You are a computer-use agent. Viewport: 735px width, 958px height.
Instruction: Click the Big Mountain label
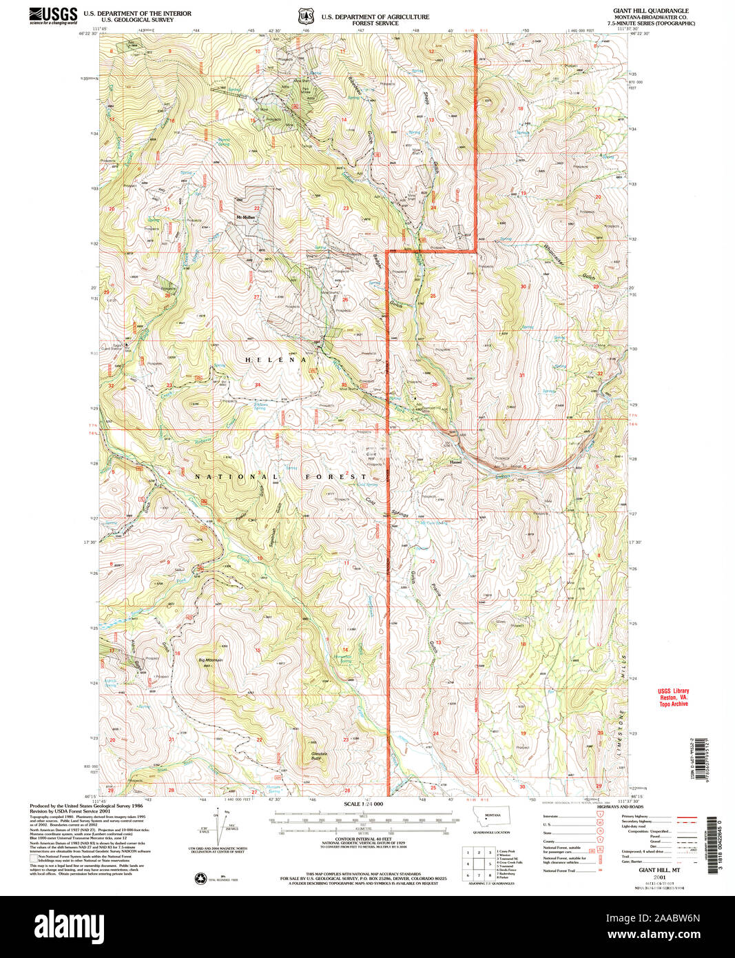click(x=211, y=660)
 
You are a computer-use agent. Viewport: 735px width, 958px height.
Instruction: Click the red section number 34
click(x=258, y=385)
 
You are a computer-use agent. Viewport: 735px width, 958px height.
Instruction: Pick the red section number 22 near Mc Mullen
click(x=256, y=207)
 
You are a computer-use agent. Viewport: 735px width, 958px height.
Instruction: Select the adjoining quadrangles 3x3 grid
click(x=478, y=864)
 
